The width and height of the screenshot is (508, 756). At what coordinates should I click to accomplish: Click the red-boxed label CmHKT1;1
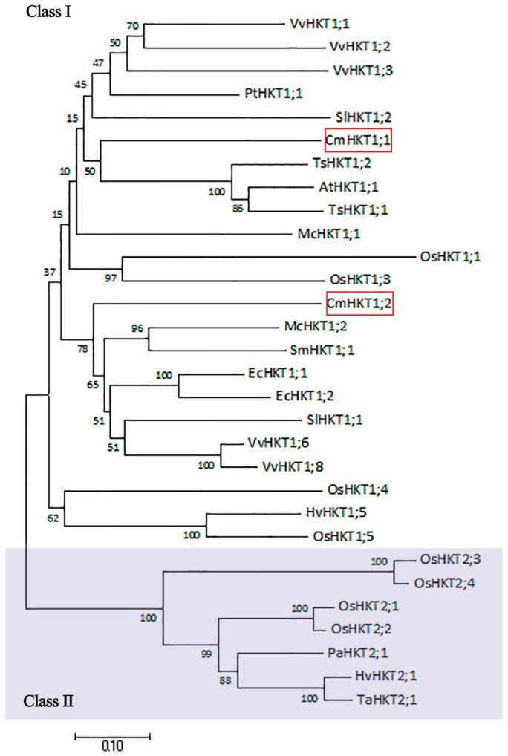tap(357, 140)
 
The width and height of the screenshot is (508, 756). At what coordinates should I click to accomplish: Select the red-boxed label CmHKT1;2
tap(357, 303)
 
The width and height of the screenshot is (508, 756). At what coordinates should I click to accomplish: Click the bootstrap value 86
tap(237, 209)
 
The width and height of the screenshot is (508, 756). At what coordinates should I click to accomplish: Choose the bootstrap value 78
tap(82, 348)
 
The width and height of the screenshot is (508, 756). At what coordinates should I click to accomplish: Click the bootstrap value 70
tap(133, 25)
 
